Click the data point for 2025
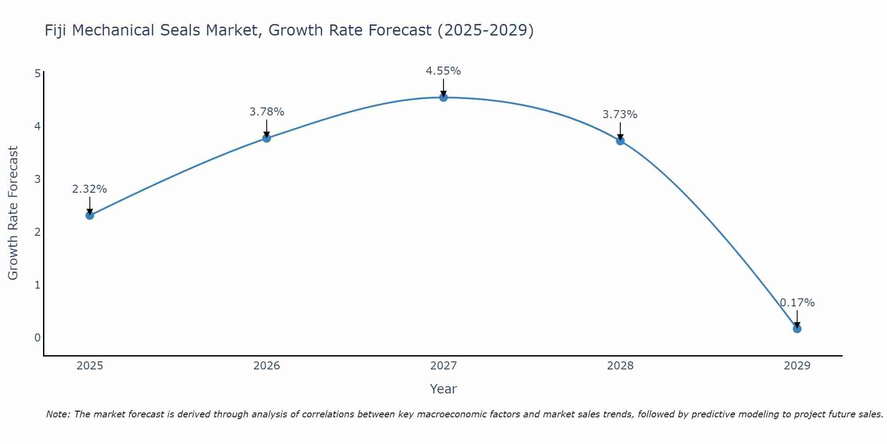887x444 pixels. (x=90, y=215)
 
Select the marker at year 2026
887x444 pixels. (x=267, y=138)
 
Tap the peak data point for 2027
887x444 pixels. (x=443, y=97)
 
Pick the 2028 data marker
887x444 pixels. (x=620, y=141)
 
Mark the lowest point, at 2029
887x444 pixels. (x=797, y=329)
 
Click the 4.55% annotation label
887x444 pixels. (x=443, y=71)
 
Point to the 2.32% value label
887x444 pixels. (x=90, y=189)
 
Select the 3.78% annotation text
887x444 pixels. (x=267, y=112)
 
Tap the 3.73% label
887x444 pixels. (x=620, y=115)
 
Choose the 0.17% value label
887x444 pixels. (x=797, y=303)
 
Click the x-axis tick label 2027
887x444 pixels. (x=443, y=366)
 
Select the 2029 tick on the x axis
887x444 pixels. (x=797, y=366)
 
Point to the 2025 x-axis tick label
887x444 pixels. (x=90, y=366)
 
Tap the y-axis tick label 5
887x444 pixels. (x=37, y=74)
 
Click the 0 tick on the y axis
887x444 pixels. (x=37, y=338)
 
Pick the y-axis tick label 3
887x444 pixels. (x=37, y=179)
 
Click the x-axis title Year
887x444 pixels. (x=443, y=389)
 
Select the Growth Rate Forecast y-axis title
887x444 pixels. (x=13, y=213)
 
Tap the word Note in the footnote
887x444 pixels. (x=58, y=414)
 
